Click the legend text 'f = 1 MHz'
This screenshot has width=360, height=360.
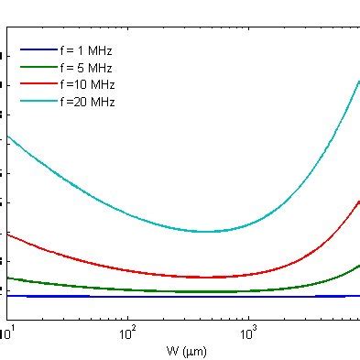(x=87, y=50)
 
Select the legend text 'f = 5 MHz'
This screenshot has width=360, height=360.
(x=87, y=67)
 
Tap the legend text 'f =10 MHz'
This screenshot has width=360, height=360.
(x=87, y=84)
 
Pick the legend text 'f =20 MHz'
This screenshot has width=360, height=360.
(x=87, y=101)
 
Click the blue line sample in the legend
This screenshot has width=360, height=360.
(x=36, y=50)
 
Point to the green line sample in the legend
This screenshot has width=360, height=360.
(x=36, y=67)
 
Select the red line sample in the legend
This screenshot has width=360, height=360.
(x=36, y=84)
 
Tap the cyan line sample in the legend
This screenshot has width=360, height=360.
(x=36, y=101)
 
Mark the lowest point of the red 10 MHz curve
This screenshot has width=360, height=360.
(x=211, y=277)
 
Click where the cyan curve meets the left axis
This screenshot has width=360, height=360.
(x=7, y=136)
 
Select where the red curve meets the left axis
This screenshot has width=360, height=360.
(x=7, y=234)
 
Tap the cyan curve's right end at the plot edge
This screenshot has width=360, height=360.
(x=358, y=82)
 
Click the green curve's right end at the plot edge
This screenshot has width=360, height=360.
(x=358, y=266)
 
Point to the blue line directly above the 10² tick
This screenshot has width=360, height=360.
(x=127, y=296)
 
